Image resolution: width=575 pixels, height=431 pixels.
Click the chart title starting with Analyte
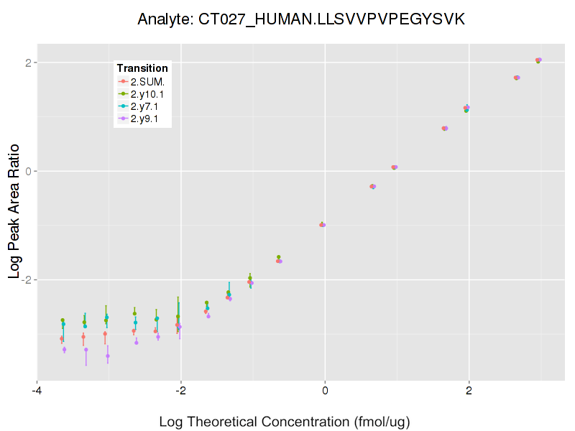301,19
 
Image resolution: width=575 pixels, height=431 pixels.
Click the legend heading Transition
142,68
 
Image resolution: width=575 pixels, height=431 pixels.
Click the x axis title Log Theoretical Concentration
289,421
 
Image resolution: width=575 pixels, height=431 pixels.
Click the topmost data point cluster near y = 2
538,60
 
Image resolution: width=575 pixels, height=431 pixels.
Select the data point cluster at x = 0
323,225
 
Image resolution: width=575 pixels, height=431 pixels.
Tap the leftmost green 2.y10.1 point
63,320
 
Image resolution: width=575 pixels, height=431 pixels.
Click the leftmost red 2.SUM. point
62,338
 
